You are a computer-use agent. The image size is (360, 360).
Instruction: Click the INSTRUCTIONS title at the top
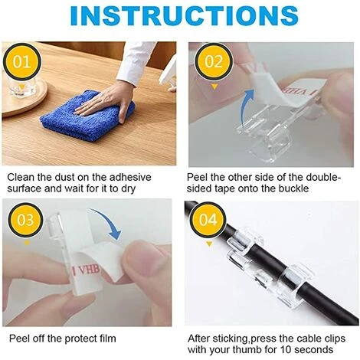(x=179, y=17)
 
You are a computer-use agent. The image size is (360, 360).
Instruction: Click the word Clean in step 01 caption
(x=22, y=176)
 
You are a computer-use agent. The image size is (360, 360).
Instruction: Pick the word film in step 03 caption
(x=114, y=337)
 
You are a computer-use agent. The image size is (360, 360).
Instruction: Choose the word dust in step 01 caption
(x=71, y=176)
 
